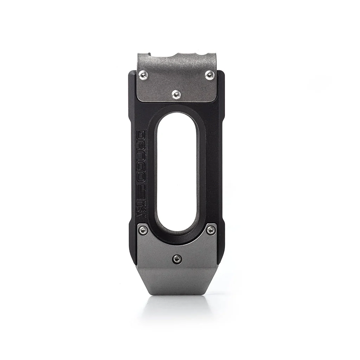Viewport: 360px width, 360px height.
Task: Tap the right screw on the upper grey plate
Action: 210,75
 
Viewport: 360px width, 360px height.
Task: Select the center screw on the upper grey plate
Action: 176,94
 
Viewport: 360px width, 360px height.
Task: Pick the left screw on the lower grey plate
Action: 143,230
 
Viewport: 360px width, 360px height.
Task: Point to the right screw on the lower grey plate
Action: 211,230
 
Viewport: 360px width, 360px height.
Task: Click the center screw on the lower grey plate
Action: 177,259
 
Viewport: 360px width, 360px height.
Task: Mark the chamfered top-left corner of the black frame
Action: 131,73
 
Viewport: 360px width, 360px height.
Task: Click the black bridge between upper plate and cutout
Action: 177,107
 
